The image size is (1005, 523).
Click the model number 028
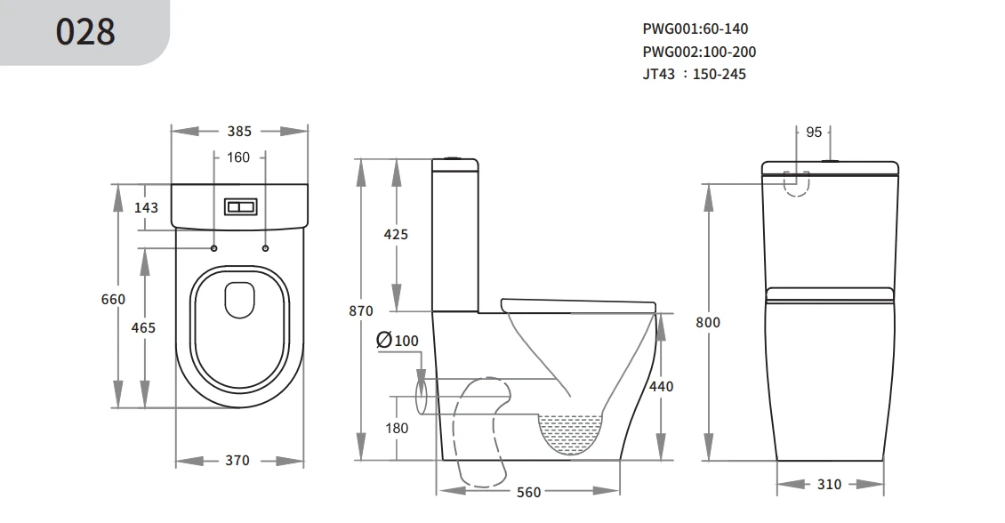[x=85, y=32]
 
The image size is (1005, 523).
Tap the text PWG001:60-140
[x=695, y=28]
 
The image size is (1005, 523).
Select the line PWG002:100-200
[x=699, y=52]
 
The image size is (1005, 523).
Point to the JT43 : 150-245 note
[x=694, y=75]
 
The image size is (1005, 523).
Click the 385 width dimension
[x=239, y=132]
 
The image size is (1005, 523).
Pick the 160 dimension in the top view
[x=237, y=157]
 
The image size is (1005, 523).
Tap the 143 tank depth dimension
[x=146, y=207]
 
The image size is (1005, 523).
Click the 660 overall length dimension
[x=114, y=300]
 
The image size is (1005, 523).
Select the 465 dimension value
[x=143, y=327]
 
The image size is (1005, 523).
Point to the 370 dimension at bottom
[x=237, y=460]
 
